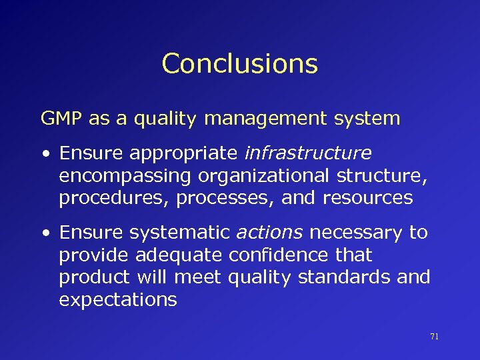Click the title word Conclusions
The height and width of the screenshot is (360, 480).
point(239,64)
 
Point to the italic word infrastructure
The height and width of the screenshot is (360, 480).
point(307,153)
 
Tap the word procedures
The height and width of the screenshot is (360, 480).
point(112,199)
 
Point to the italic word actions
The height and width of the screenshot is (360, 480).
point(269,232)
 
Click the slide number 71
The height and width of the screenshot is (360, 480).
point(434,337)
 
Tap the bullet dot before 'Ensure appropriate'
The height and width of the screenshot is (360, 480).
point(44,154)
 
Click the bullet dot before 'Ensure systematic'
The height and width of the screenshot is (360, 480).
point(44,233)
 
